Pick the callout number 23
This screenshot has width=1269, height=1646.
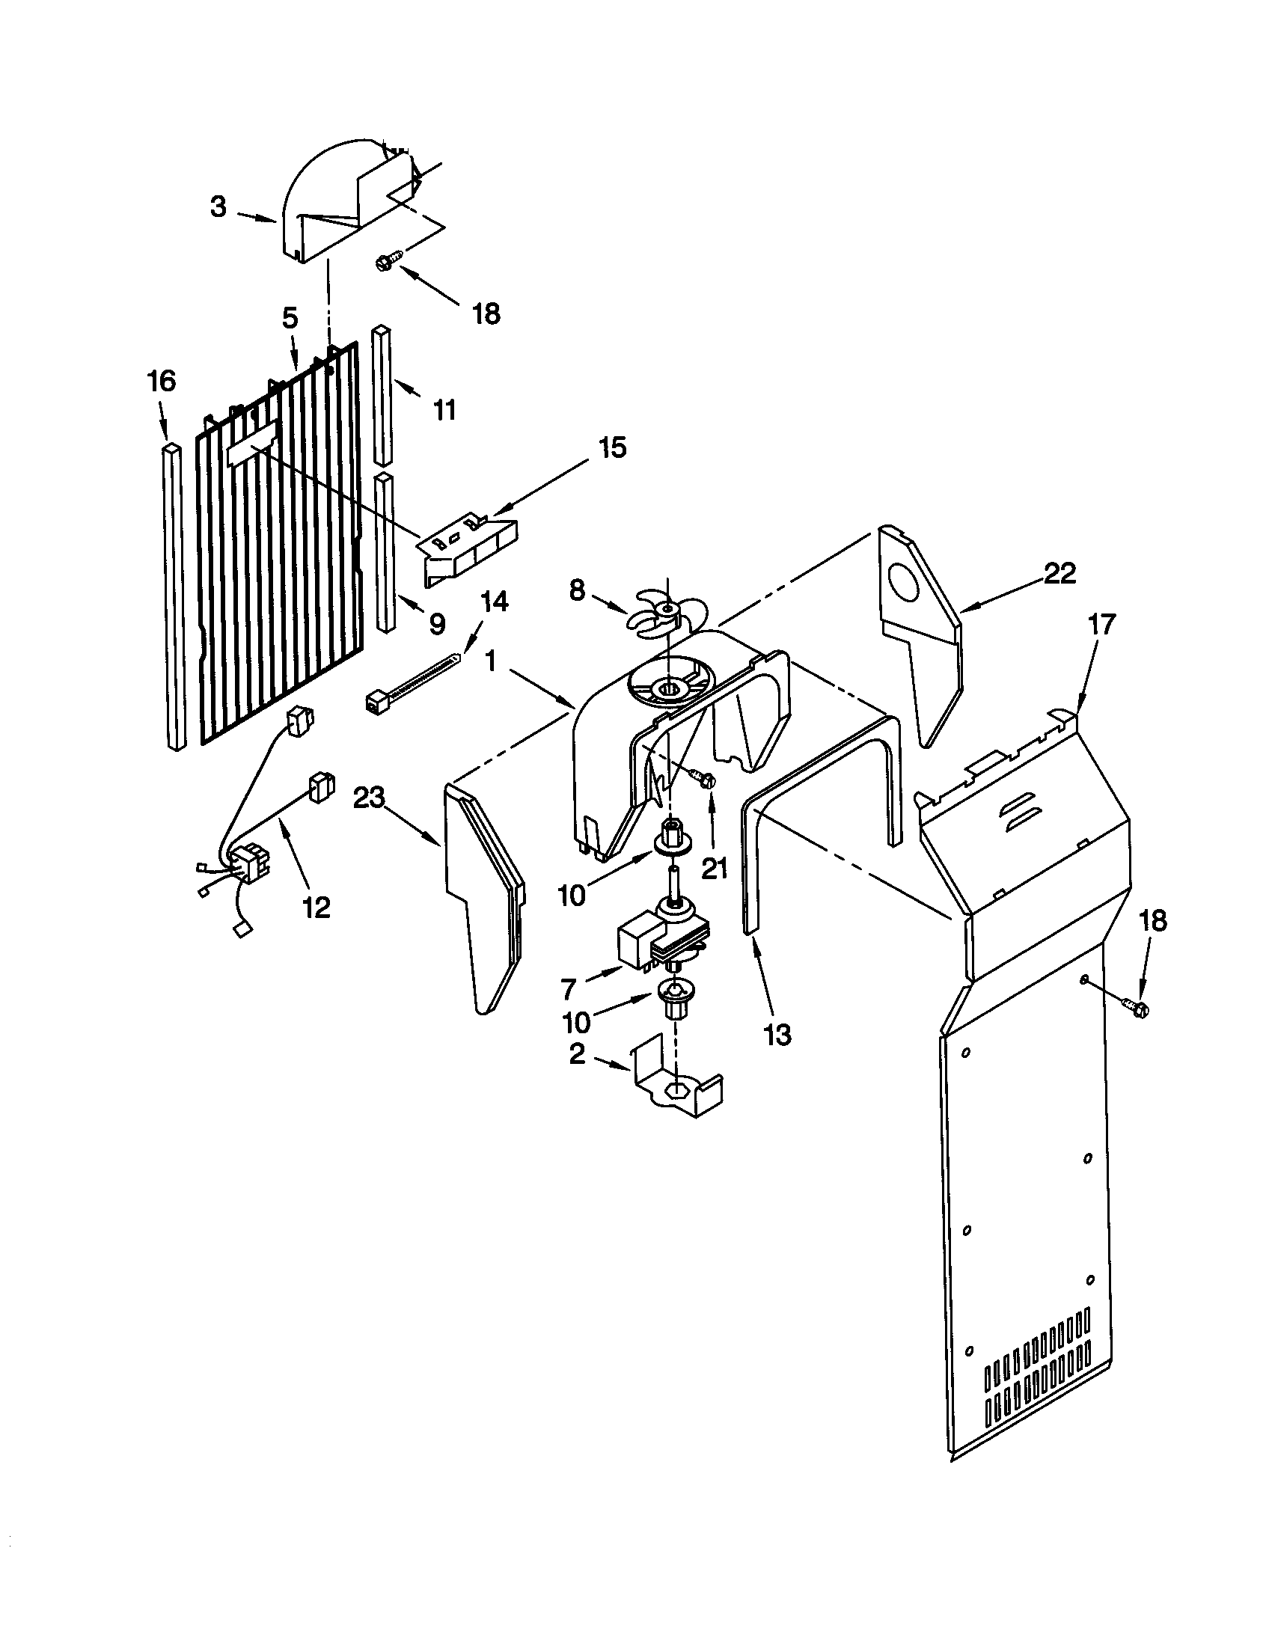(369, 797)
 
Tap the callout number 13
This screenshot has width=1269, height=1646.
(777, 1035)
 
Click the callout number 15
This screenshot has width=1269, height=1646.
(612, 447)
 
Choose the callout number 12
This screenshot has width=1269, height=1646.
(317, 908)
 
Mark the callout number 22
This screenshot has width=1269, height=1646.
(1059, 575)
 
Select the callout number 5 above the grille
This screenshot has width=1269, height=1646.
(290, 318)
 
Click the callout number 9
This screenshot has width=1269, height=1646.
(437, 623)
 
